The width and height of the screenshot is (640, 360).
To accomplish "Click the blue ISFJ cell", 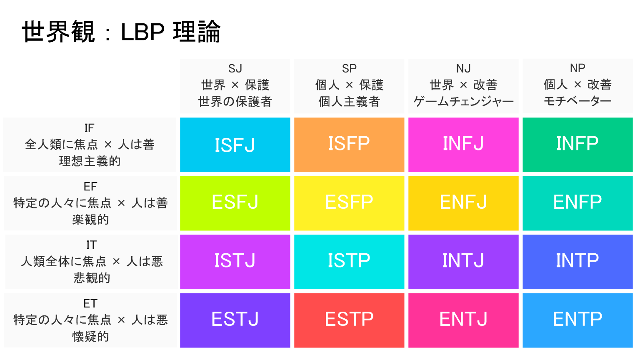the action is [x=235, y=145].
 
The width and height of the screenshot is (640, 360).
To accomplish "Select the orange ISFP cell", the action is [x=349, y=145].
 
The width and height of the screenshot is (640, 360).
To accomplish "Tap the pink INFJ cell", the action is [x=463, y=145].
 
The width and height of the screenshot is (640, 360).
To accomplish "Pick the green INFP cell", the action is [x=578, y=145].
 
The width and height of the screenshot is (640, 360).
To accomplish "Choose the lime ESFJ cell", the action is [x=235, y=203].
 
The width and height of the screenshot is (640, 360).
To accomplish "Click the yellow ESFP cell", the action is [x=349, y=203].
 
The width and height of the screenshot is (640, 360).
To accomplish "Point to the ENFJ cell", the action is [x=463, y=203].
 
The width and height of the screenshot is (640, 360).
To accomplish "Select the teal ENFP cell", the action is [x=578, y=203].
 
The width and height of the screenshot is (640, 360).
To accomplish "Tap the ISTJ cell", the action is [x=235, y=262].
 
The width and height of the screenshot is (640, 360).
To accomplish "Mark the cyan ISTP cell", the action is [x=349, y=262].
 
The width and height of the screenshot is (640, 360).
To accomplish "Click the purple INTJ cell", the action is [x=463, y=262].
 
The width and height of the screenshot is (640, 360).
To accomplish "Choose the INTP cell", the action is [x=578, y=262].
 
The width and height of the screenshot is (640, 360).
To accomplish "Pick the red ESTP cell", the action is [x=349, y=320].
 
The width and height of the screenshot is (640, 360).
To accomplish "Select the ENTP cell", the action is [x=578, y=320].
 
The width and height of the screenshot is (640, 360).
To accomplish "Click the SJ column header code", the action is [x=235, y=69].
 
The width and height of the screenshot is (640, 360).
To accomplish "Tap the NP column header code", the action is [x=578, y=68].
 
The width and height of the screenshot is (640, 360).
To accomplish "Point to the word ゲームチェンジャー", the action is [x=463, y=101].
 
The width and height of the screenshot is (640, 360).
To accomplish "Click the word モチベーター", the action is [x=578, y=101].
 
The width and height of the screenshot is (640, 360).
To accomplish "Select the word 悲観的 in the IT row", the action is [x=92, y=278].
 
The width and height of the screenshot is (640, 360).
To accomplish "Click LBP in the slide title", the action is [x=142, y=32].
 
